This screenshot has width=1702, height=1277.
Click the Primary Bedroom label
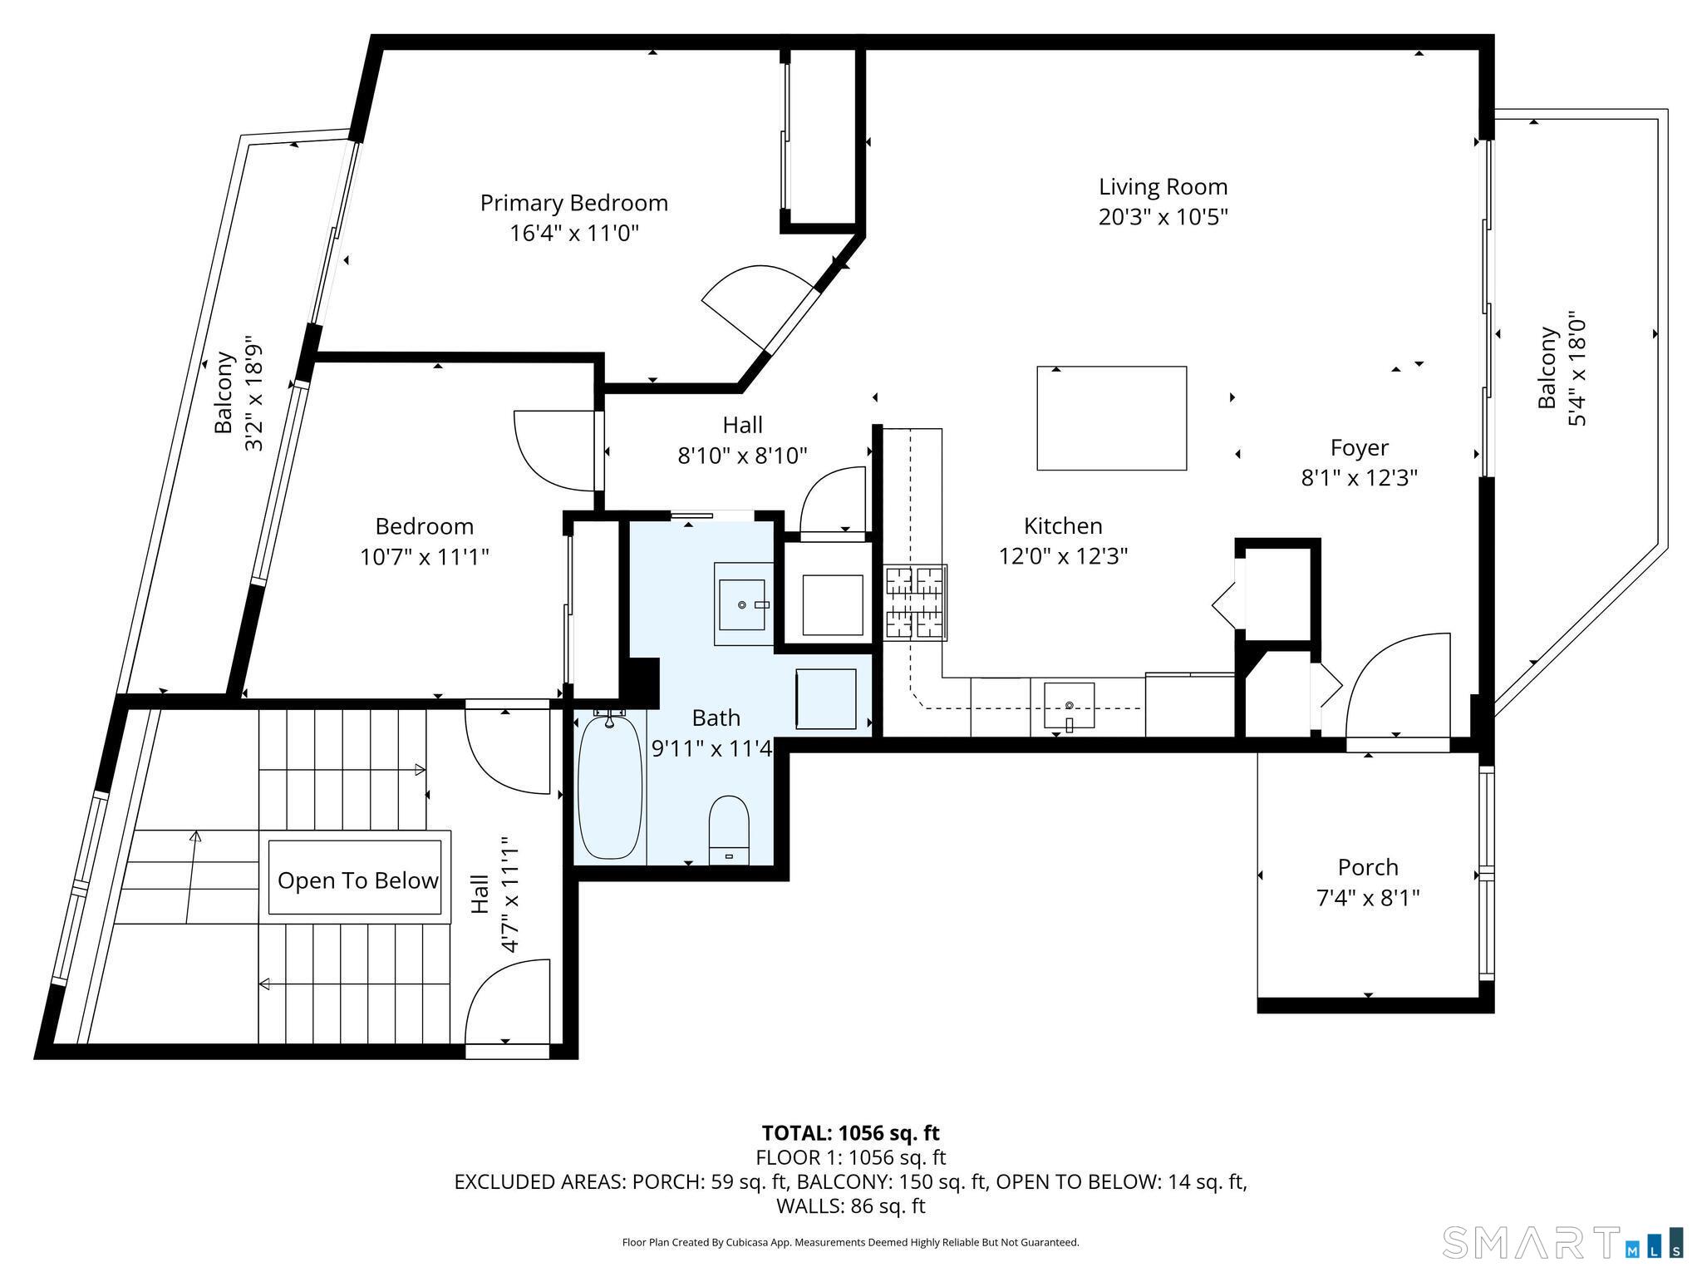[x=574, y=203]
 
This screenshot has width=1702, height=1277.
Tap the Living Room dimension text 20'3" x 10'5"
[x=1163, y=217]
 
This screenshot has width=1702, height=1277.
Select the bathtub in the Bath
[x=610, y=786]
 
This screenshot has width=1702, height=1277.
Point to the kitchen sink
[x=1069, y=706]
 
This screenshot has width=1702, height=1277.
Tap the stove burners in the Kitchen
[x=915, y=603]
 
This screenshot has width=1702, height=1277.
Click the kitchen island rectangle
[x=1111, y=418]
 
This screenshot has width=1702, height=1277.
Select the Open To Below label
[x=358, y=881]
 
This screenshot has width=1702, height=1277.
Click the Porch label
[x=1368, y=867]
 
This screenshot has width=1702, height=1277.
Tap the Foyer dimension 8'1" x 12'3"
[x=1359, y=478]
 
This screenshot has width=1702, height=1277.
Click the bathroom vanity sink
[x=742, y=604]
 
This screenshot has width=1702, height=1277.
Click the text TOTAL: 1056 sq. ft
[x=850, y=1133]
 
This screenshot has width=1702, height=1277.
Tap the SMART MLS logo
[x=1563, y=1243]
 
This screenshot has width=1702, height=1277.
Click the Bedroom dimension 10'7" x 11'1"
[x=424, y=556]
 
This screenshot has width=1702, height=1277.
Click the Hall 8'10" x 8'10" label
[x=742, y=440]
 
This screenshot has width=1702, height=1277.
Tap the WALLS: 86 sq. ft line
[x=850, y=1206]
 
